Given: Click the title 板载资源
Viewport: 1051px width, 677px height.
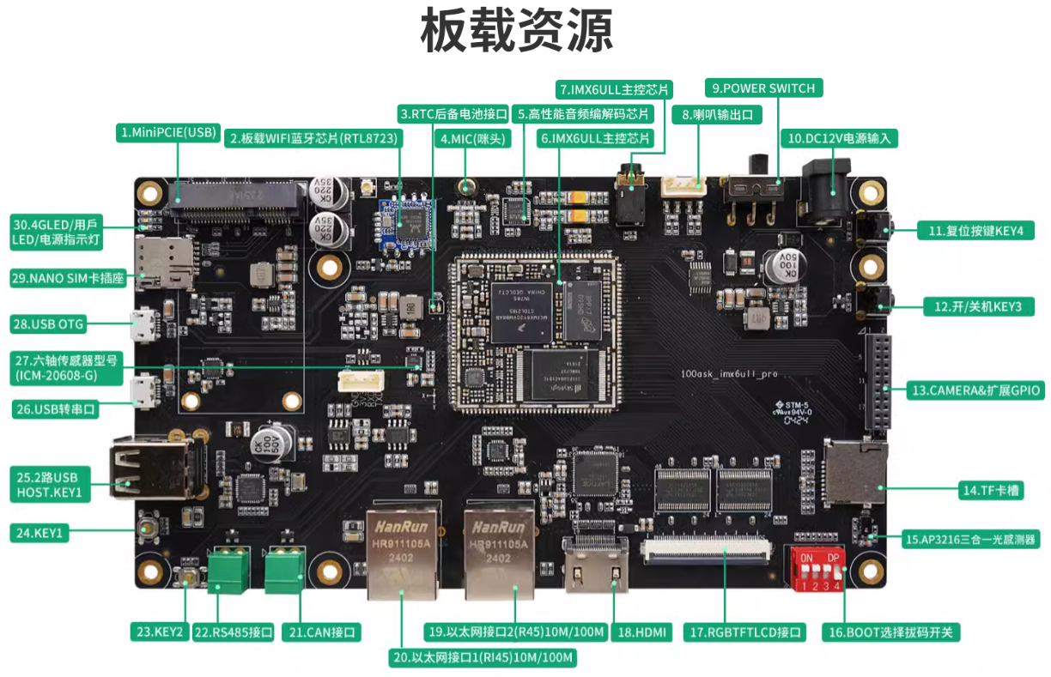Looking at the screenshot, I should click(x=517, y=33).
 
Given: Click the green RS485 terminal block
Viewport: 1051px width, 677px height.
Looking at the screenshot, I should click(x=228, y=570).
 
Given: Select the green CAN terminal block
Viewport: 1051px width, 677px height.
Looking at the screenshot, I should click(x=284, y=570).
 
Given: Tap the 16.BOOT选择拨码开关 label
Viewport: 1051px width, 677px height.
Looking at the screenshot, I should click(x=890, y=632).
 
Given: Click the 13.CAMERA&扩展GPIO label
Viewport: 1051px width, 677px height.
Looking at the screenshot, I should click(x=975, y=390).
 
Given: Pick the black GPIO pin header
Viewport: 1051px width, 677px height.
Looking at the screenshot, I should click(x=878, y=383).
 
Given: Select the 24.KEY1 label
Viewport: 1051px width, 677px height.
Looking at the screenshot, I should click(x=39, y=533).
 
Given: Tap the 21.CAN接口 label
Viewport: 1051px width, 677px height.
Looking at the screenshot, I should click(x=323, y=632).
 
